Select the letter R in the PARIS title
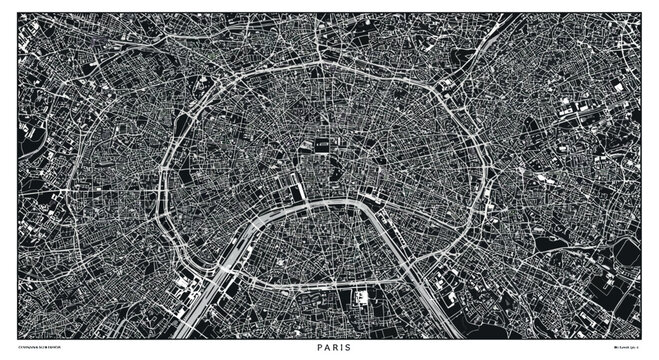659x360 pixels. (330, 350)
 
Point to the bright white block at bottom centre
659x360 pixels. (360, 297)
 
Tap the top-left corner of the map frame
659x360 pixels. (18, 12)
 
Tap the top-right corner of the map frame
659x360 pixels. (641, 12)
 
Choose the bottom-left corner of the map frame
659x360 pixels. (18, 337)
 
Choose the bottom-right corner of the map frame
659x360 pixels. (641, 337)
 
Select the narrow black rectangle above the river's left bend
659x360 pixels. (298, 186)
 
